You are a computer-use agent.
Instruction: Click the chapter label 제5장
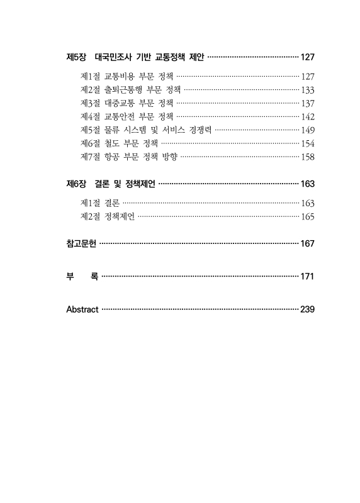(x=76, y=57)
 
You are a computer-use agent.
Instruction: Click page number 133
(x=307, y=89)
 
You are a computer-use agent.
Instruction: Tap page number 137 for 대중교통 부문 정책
(x=307, y=102)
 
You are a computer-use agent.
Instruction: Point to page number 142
(x=307, y=116)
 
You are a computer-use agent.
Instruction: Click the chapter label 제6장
(x=76, y=184)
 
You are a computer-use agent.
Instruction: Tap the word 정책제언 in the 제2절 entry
(x=120, y=216)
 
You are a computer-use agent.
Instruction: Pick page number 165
(x=307, y=217)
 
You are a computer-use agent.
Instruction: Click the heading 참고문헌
(x=81, y=243)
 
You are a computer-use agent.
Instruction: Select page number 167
(x=307, y=243)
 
